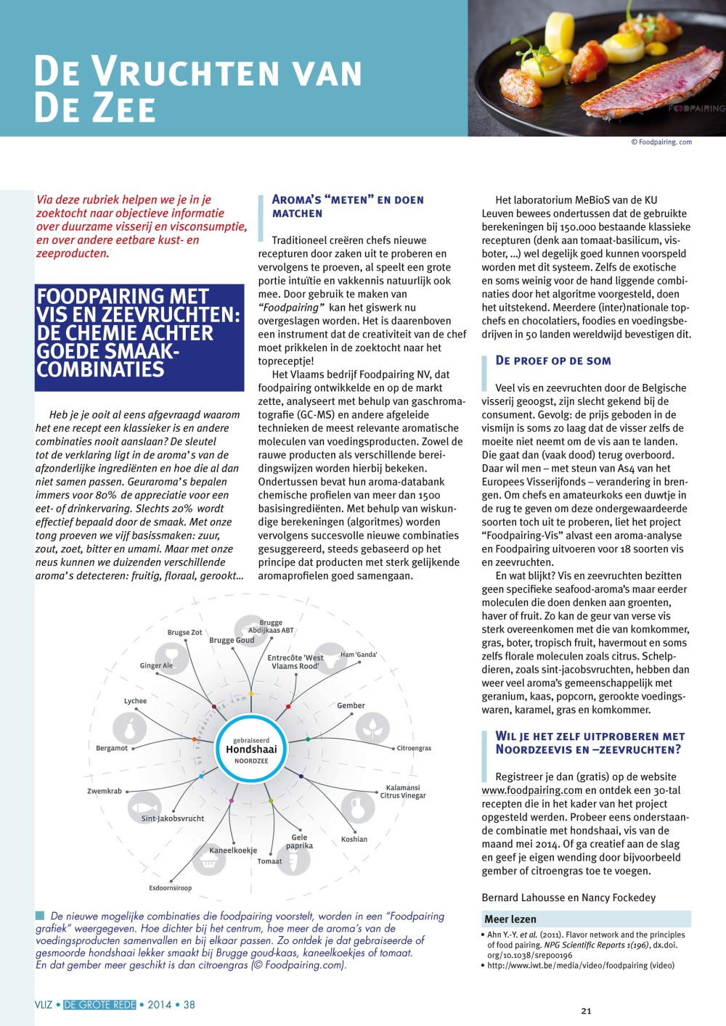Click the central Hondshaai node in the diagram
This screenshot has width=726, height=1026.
point(250,750)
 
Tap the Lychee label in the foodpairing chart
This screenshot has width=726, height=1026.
point(135,701)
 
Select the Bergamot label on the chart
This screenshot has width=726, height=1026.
point(112,748)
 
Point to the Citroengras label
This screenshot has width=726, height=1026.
point(414,748)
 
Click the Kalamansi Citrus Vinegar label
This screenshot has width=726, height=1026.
point(403,792)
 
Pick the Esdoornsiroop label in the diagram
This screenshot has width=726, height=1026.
point(171,888)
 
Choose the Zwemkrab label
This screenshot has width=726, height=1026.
point(105,791)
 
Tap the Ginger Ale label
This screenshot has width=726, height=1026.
point(156,665)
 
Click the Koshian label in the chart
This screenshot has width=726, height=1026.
point(354,840)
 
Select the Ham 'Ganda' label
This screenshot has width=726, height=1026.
point(359,654)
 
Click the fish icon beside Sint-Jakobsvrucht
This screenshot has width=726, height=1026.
point(144,807)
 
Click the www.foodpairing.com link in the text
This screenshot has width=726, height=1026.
point(532,790)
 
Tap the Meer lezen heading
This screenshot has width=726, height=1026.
point(510,919)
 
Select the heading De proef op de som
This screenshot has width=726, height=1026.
point(553,361)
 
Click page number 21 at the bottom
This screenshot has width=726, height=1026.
point(587,1011)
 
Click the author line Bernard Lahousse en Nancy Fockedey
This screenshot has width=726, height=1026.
point(568,898)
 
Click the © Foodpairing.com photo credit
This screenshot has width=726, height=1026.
point(661,142)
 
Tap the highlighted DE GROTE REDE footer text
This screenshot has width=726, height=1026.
point(99,1005)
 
